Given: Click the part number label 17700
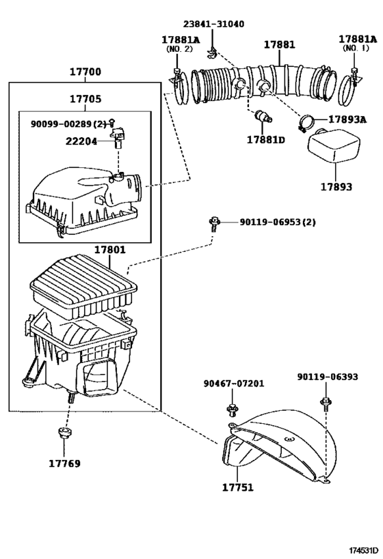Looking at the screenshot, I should (85, 72).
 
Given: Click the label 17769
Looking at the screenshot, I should (64, 463).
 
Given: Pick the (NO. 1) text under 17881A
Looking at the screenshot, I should (354, 49).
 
